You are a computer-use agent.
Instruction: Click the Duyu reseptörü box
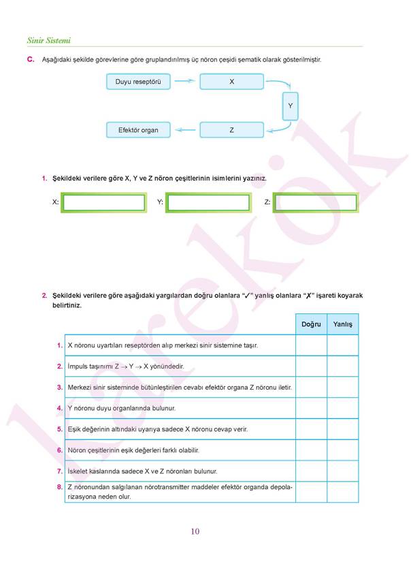coord(138,82)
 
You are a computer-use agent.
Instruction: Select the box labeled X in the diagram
coord(231,82)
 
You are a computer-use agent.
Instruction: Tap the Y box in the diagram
coord(290,106)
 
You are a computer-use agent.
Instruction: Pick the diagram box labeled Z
coord(231,129)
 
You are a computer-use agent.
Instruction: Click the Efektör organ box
coord(138,129)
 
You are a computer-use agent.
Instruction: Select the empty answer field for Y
coord(208,203)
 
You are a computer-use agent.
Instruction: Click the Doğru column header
coord(311,324)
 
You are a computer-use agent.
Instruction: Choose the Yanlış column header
coord(342,324)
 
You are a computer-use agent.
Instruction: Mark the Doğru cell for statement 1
coord(311,345)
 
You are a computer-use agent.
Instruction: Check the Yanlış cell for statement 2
coord(342,366)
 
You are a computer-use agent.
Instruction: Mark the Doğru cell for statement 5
coord(311,429)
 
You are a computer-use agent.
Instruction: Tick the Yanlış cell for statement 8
coord(342,492)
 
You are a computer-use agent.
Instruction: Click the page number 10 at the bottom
coord(195,531)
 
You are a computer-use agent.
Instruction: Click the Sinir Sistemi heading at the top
coord(49,41)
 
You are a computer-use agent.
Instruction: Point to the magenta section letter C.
coord(30,60)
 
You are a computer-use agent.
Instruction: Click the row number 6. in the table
coord(60,450)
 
